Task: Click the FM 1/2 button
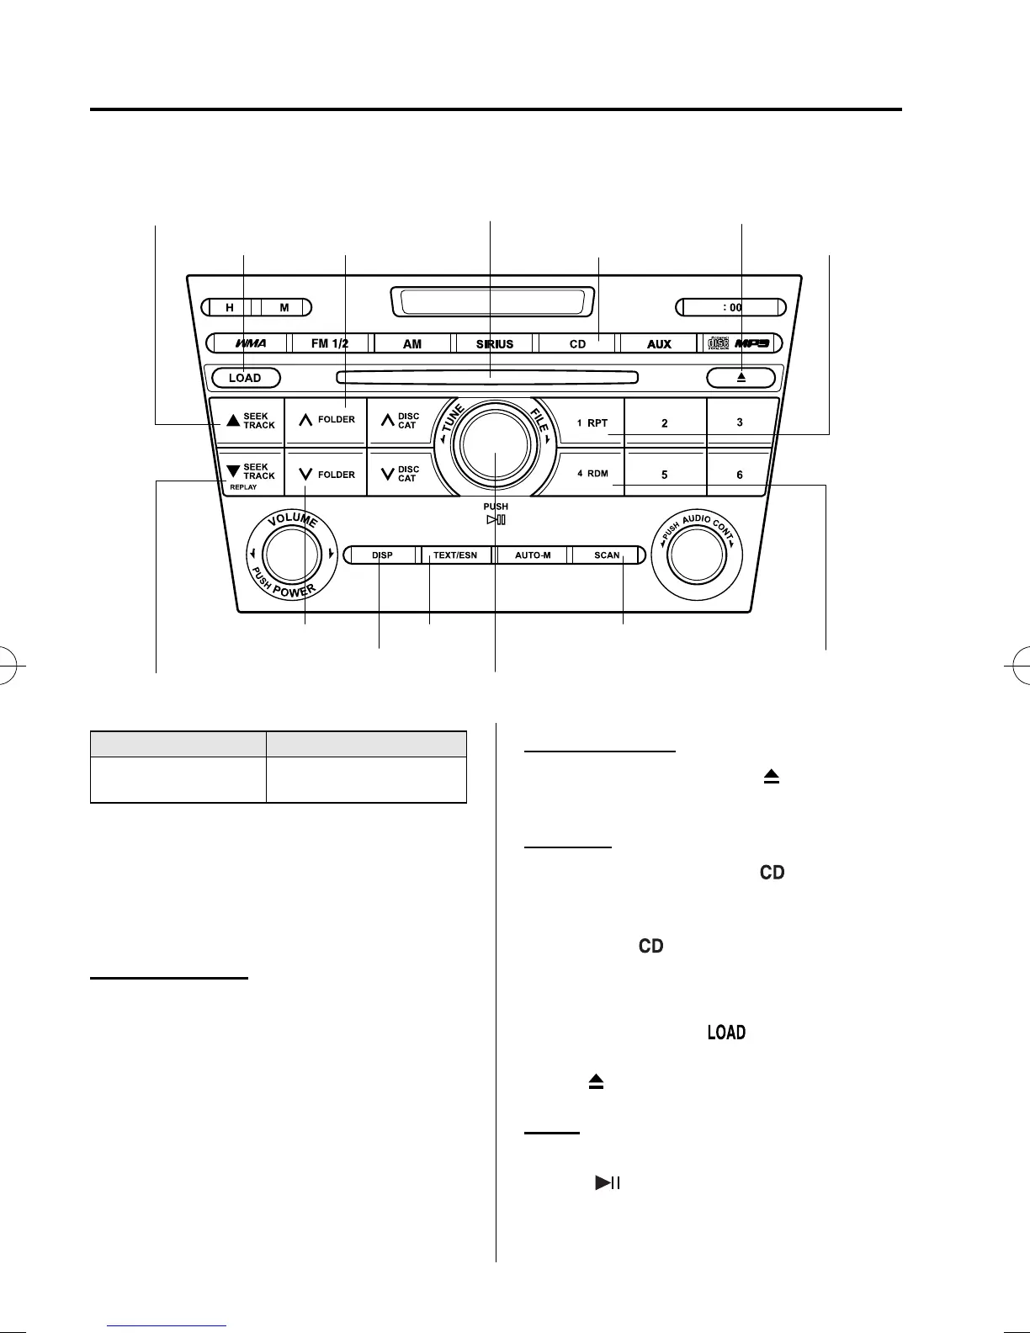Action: (330, 343)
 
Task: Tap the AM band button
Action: (412, 343)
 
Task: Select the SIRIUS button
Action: (495, 343)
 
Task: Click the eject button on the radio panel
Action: (741, 378)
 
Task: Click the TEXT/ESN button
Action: (455, 555)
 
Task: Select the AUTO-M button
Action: (533, 555)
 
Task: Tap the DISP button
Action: (383, 555)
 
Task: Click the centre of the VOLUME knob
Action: (290, 555)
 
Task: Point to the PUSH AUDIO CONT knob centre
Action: (696, 555)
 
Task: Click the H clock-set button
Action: (230, 307)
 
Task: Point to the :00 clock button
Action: (733, 307)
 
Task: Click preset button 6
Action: (740, 474)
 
